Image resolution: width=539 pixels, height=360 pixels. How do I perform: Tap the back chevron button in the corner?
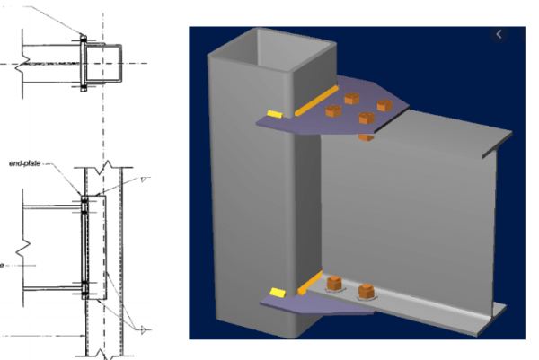pyautogui.click(x=500, y=35)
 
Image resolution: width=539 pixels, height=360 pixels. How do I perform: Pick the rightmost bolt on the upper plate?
pyautogui.click(x=384, y=104)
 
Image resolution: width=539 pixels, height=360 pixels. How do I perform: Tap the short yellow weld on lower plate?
pyautogui.click(x=276, y=293)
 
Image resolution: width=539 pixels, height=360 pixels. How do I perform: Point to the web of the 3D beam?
pyautogui.click(x=404, y=224)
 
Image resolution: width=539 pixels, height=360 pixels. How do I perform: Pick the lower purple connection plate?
pyautogui.click(x=323, y=300)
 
